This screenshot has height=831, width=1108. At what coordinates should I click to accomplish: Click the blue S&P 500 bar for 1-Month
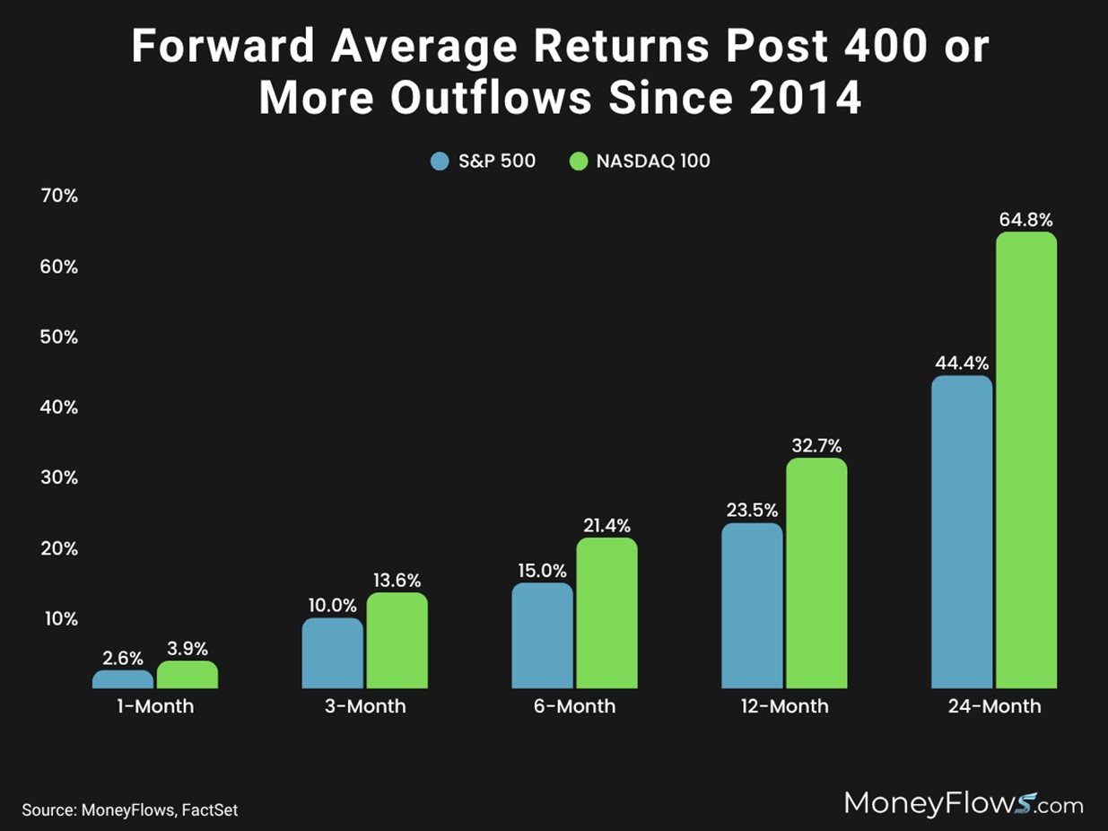click(x=123, y=679)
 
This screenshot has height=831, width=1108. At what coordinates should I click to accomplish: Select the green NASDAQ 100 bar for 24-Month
click(x=1026, y=460)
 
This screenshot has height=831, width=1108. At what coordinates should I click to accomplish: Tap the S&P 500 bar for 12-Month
click(x=752, y=606)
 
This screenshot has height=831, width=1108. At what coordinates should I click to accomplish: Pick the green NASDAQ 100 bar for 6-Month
click(x=606, y=613)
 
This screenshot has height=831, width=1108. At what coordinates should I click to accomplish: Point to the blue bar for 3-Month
click(x=333, y=653)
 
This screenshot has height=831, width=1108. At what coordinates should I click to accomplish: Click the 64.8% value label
click(x=1026, y=220)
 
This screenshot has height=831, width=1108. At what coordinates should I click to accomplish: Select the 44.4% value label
click(x=962, y=363)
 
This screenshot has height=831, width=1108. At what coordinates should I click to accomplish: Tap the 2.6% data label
click(x=123, y=658)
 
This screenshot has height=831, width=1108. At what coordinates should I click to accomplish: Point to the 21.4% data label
click(x=606, y=525)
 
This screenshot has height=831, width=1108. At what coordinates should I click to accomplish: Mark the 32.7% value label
click(x=816, y=446)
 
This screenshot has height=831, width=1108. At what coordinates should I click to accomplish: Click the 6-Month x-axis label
click(x=575, y=706)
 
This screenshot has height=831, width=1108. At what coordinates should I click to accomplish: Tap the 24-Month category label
click(x=994, y=706)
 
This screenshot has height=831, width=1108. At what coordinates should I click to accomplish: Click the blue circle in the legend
click(x=440, y=162)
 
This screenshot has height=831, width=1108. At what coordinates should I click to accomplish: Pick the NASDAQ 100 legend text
click(x=653, y=162)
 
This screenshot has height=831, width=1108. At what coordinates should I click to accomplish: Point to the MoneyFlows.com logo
click(x=964, y=803)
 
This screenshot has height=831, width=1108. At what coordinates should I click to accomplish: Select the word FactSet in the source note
click(x=210, y=809)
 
